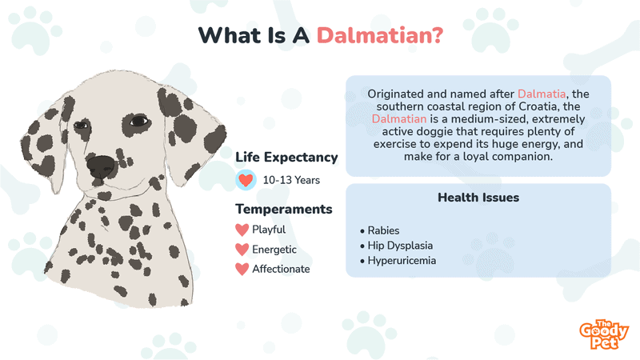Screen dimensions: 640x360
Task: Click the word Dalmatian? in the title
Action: (x=379, y=35)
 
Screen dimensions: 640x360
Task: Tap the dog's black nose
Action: (x=101, y=167)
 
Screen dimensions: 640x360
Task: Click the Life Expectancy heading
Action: (x=286, y=158)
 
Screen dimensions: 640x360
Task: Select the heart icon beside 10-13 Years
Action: (x=246, y=180)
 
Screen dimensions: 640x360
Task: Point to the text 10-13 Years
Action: (x=291, y=180)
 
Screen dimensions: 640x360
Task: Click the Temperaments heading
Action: (x=284, y=209)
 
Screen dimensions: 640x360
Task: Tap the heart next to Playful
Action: (x=242, y=230)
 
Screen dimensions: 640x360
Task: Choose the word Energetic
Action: (x=274, y=250)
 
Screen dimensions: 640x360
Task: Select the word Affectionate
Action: (x=281, y=269)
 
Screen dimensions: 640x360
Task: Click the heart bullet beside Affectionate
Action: (x=242, y=269)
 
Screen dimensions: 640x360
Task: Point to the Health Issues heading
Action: (x=478, y=198)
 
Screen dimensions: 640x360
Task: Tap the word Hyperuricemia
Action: (x=402, y=261)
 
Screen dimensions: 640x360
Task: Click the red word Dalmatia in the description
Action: (x=542, y=94)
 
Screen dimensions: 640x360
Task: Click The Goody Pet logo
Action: (x=604, y=334)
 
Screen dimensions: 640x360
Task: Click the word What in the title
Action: (x=230, y=35)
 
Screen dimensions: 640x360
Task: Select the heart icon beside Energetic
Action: (x=242, y=250)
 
